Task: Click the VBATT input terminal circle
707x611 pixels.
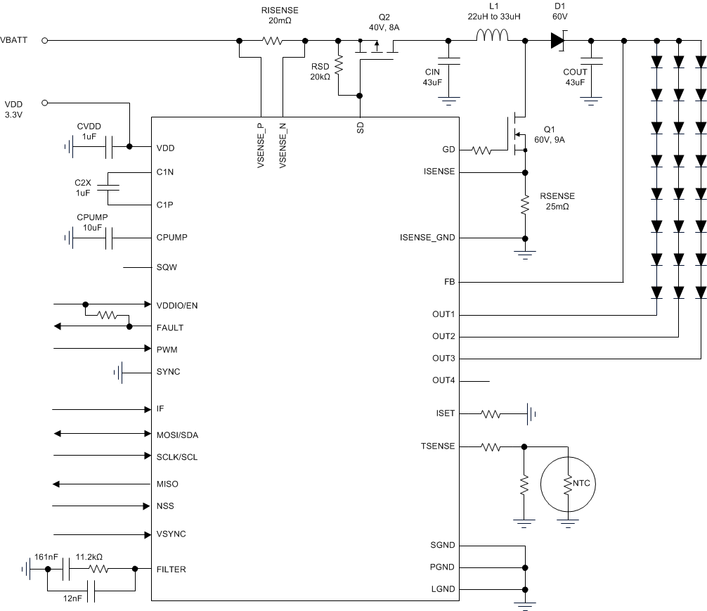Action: pyautogui.click(x=45, y=40)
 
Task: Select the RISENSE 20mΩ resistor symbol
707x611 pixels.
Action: pyautogui.click(x=272, y=40)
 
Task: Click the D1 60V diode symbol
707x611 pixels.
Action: pyautogui.click(x=558, y=41)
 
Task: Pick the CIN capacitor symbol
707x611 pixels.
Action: pyautogui.click(x=448, y=63)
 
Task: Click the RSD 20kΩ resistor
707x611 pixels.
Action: pyautogui.click(x=338, y=65)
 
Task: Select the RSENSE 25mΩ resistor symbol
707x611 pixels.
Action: pyautogui.click(x=524, y=205)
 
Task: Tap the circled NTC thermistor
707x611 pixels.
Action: pyautogui.click(x=566, y=482)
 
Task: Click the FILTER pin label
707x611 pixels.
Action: pyautogui.click(x=171, y=569)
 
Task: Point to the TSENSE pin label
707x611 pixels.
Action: pyautogui.click(x=438, y=446)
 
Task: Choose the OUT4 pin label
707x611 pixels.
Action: pyautogui.click(x=443, y=380)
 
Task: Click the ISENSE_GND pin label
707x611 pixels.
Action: pyautogui.click(x=427, y=238)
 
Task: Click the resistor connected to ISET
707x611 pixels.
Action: pyautogui.click(x=491, y=414)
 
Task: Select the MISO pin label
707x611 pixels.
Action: pyautogui.click(x=167, y=484)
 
